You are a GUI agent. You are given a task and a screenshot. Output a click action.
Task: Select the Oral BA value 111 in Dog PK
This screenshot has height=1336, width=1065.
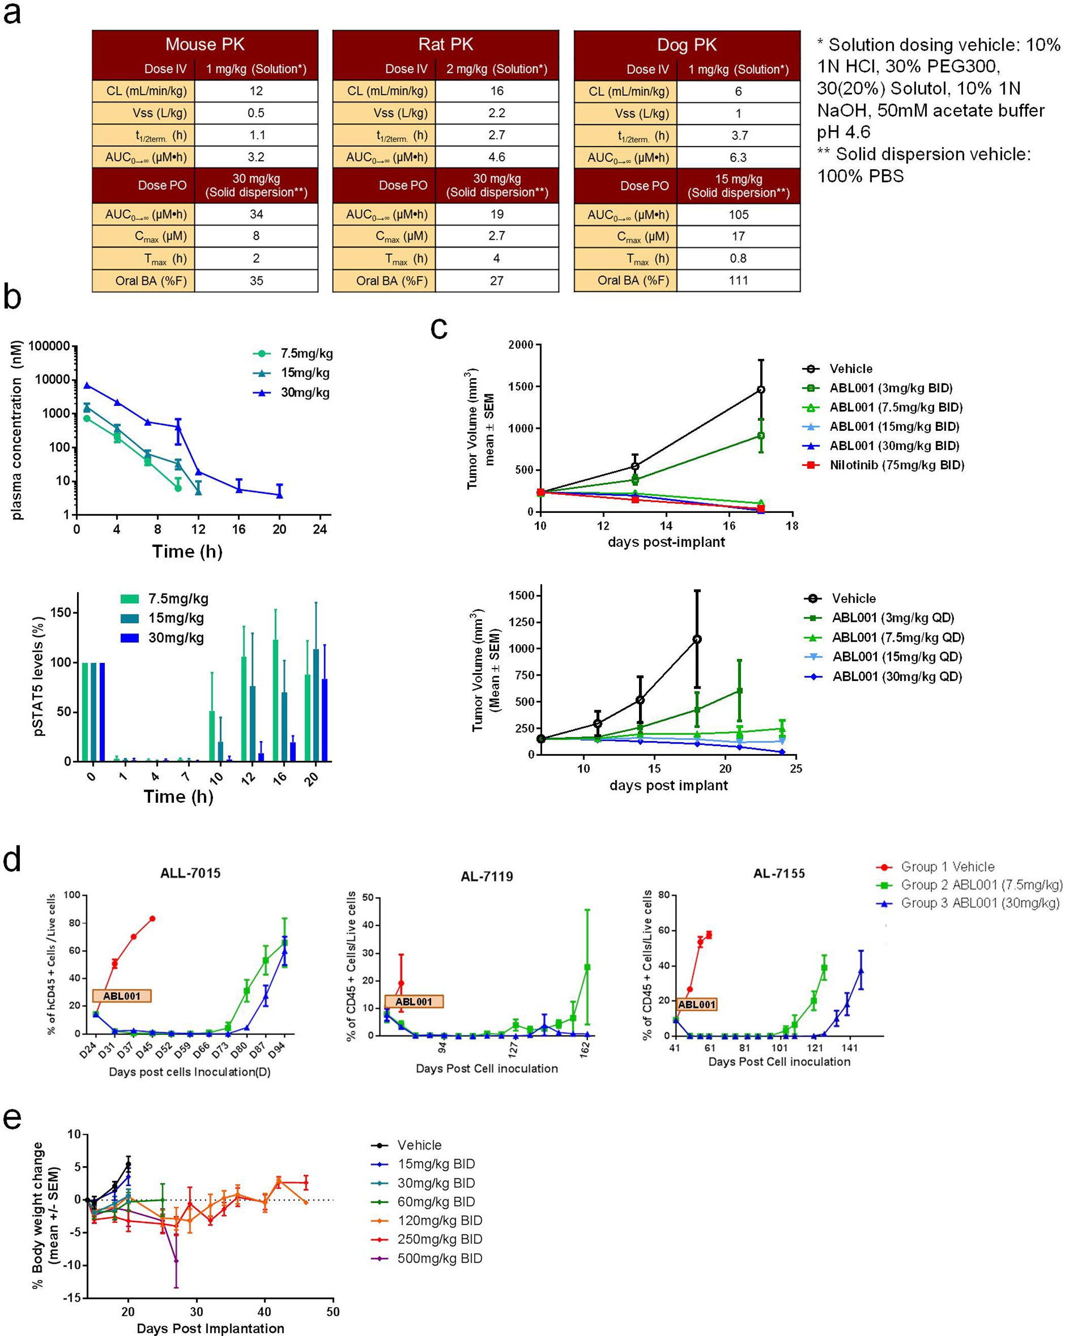738,281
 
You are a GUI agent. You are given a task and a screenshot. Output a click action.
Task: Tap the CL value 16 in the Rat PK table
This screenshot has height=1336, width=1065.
496,91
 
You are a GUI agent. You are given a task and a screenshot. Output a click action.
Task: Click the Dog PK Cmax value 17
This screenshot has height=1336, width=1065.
738,236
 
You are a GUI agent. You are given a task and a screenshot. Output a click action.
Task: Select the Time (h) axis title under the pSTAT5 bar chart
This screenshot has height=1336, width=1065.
179,796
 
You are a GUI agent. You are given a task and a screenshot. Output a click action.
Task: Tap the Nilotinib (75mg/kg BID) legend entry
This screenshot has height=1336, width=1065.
897,465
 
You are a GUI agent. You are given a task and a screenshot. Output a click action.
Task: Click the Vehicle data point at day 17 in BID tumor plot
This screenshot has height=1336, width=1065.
761,390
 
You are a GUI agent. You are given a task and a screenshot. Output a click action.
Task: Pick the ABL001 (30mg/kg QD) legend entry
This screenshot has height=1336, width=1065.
897,677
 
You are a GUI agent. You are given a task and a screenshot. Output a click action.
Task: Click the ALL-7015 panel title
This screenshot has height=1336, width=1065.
190,873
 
